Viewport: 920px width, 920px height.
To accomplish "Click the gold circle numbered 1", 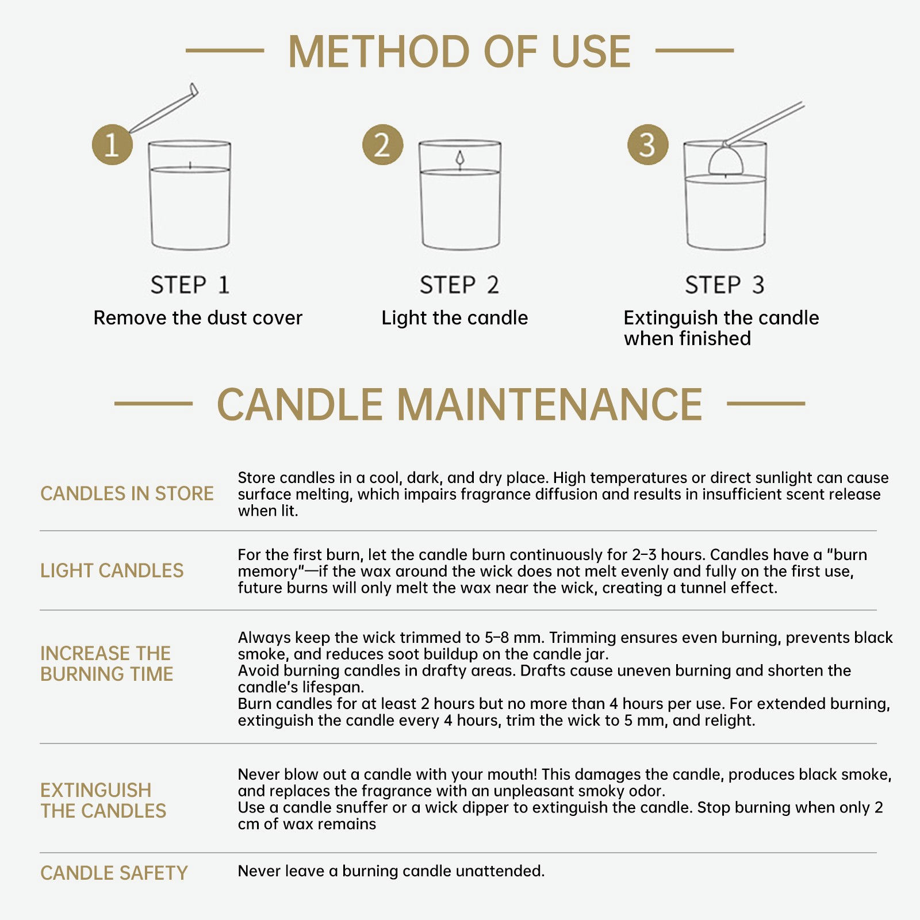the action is tap(112, 144).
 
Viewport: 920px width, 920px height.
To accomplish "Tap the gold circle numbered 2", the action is tap(382, 144).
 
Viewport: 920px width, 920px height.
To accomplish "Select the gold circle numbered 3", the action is tap(647, 144).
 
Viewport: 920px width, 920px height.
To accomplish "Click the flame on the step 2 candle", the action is tap(459, 159).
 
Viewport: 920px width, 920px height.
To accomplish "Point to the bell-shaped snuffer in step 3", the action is tap(726, 160).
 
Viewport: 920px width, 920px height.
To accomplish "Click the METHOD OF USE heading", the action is tap(459, 52).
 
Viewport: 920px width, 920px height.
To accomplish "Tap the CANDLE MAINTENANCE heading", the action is tap(459, 404).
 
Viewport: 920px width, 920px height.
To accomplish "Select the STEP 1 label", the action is tap(190, 285).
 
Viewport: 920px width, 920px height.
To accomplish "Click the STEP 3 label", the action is tap(724, 285).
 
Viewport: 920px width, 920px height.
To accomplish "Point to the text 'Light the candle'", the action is tap(454, 318).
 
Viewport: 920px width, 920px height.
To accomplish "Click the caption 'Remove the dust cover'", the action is tap(198, 317).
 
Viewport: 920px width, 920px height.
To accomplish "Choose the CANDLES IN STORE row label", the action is tap(126, 493).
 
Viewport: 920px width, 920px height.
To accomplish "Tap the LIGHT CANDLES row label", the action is tap(112, 570).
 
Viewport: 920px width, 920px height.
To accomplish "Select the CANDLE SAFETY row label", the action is tap(114, 873).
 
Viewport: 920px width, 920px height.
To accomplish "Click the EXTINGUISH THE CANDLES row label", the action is tap(103, 800).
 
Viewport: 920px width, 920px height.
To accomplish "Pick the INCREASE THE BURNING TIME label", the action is tap(106, 664).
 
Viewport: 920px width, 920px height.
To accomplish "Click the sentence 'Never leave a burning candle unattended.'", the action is tap(391, 871).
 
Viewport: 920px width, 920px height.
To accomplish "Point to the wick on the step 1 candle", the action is tap(190, 166).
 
